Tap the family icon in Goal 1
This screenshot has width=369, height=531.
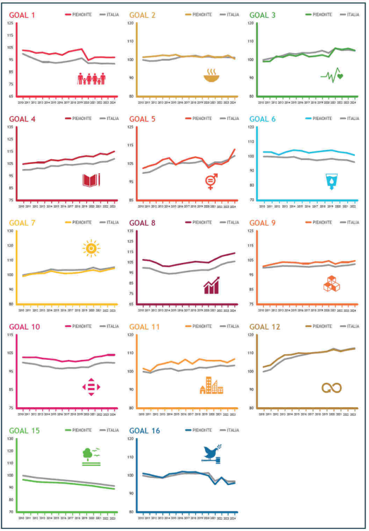point(92,79)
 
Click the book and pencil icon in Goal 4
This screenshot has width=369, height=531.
point(91,180)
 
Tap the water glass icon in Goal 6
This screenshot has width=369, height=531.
point(331,180)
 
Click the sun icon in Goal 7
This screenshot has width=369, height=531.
point(91,249)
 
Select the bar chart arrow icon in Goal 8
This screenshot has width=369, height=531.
point(212,285)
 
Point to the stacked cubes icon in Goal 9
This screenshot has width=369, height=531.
point(331,284)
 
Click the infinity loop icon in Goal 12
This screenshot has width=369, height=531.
point(331,388)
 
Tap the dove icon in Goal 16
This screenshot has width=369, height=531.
point(212,453)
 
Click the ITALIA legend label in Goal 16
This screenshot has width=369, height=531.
point(232,430)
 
